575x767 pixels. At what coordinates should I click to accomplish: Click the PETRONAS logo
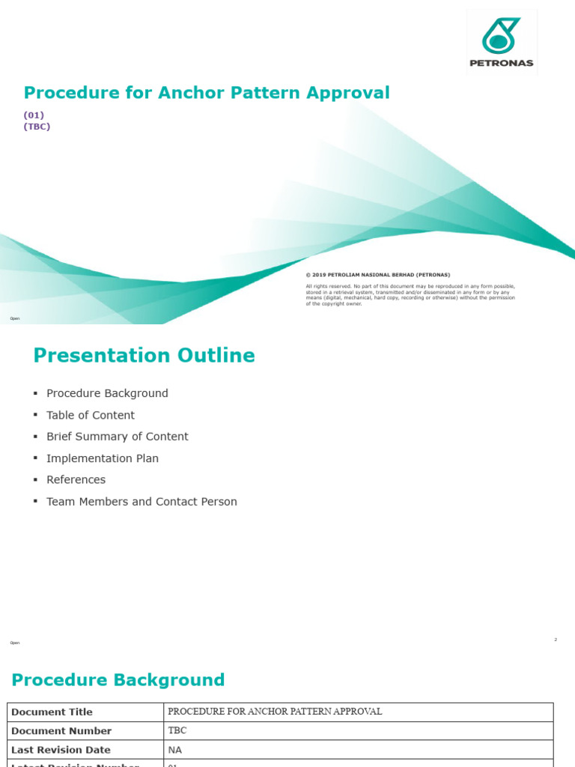pyautogui.click(x=502, y=42)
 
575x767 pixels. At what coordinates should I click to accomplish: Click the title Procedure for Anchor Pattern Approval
pyautogui.click(x=207, y=93)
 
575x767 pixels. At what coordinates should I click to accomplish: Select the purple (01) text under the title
pyautogui.click(x=34, y=115)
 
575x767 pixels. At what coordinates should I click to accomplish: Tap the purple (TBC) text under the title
pyautogui.click(x=37, y=126)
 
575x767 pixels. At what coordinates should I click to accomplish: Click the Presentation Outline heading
pyautogui.click(x=144, y=356)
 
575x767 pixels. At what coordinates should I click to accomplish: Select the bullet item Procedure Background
pyautogui.click(x=107, y=393)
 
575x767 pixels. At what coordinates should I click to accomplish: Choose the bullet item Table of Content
pyautogui.click(x=91, y=415)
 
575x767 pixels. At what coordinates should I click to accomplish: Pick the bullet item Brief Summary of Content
pyautogui.click(x=118, y=437)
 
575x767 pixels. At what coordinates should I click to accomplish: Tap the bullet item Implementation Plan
pyautogui.click(x=103, y=458)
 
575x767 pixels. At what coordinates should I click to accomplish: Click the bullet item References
pyautogui.click(x=76, y=479)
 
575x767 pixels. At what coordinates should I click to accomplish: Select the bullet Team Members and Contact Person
pyautogui.click(x=142, y=502)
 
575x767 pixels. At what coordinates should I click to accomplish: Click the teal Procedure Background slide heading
pyautogui.click(x=118, y=680)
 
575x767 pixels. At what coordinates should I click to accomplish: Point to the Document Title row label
pyautogui.click(x=52, y=712)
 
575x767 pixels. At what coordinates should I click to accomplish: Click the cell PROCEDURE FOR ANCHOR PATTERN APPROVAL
pyautogui.click(x=275, y=712)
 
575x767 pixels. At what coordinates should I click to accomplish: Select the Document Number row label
pyautogui.click(x=61, y=731)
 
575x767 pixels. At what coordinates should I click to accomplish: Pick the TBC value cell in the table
pyautogui.click(x=177, y=731)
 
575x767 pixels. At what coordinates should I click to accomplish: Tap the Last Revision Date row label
pyautogui.click(x=61, y=750)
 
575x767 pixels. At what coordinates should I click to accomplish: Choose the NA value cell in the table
pyautogui.click(x=175, y=750)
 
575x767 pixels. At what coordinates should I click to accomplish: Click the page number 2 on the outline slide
pyautogui.click(x=556, y=640)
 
